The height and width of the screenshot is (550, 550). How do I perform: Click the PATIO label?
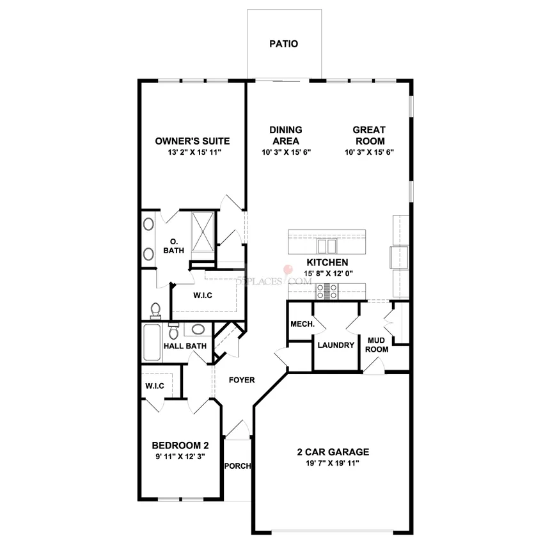(283, 44)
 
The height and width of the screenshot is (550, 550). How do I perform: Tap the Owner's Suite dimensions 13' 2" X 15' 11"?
(194, 152)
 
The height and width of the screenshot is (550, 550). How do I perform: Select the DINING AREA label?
(286, 136)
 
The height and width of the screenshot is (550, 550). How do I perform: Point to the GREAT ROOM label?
(370, 136)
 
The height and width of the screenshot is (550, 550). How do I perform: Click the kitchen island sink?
(327, 246)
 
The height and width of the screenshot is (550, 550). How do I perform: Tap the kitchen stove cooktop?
(327, 292)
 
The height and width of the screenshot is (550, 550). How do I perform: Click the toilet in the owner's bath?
(155, 311)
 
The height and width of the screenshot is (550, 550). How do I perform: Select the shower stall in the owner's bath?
(203, 232)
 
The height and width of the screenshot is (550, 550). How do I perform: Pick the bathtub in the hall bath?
(152, 342)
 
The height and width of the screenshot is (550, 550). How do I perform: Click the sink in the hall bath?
(198, 330)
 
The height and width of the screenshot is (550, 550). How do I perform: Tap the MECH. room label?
(302, 324)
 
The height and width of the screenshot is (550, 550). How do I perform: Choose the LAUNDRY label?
(336, 345)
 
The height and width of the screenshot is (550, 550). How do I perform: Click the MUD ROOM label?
(377, 345)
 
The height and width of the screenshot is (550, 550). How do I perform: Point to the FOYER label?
(242, 380)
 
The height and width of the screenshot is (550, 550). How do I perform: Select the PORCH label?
(237, 466)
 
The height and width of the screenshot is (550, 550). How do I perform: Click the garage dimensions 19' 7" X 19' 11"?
(332, 464)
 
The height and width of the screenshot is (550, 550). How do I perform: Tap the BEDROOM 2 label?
(180, 446)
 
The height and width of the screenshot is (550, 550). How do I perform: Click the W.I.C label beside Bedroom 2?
(155, 386)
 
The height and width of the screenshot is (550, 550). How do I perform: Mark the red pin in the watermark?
(288, 270)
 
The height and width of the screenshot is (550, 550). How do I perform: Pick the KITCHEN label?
(327, 262)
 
